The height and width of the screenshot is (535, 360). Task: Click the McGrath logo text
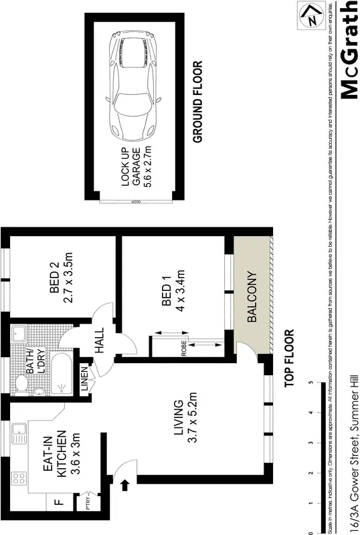coord(349,51)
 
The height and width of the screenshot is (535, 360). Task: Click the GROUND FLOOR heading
coord(197,102)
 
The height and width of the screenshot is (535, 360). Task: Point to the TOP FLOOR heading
coord(289,358)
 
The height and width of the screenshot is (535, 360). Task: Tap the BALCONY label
coord(252,297)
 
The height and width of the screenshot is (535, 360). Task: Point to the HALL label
coord(100,340)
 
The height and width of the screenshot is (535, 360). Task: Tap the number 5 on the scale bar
coord(310,383)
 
